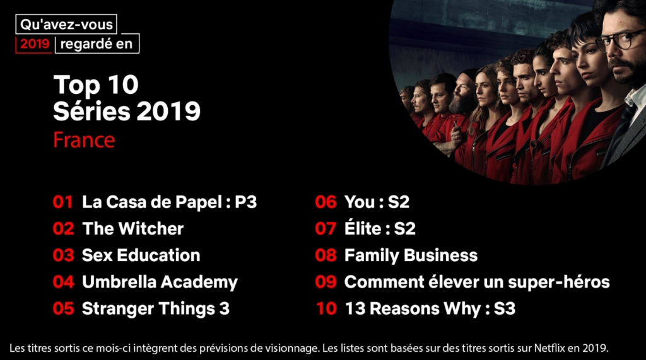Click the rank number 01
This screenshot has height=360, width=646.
(63, 202)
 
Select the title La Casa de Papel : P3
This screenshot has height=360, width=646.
(169, 202)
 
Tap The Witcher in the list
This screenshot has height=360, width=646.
(132, 229)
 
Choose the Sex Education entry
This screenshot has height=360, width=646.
(141, 255)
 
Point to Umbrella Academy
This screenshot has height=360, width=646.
(160, 282)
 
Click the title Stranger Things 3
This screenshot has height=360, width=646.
(156, 309)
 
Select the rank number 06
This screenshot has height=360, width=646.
(326, 202)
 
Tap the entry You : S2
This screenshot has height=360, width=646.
(377, 202)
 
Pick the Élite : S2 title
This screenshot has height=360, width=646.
(380, 228)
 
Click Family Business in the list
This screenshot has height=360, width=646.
(411, 256)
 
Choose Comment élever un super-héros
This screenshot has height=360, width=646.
(477, 282)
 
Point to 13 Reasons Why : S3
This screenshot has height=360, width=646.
(430, 309)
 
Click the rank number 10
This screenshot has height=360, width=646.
(326, 308)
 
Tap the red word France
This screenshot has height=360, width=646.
(84, 140)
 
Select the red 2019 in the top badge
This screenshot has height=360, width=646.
(35, 44)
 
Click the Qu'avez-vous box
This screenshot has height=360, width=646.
(66, 25)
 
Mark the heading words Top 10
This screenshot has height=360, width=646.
(96, 85)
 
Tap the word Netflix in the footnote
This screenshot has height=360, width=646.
(549, 348)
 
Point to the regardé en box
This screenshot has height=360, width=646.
(97, 44)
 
